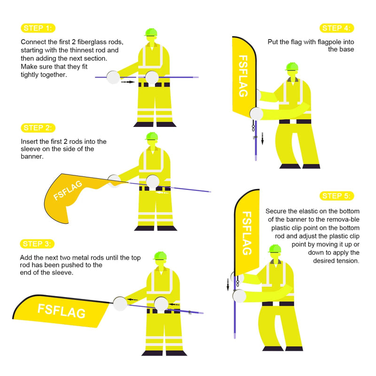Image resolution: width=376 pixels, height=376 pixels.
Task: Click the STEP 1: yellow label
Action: [x=38, y=28]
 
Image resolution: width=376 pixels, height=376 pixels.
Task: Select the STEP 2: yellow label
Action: [x=38, y=128]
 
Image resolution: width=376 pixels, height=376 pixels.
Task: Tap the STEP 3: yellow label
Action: [x=37, y=244]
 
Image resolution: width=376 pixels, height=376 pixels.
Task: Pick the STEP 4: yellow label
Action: [x=337, y=28]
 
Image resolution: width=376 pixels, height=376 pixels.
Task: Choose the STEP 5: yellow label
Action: [x=337, y=196]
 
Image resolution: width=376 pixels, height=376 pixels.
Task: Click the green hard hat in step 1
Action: [x=151, y=32]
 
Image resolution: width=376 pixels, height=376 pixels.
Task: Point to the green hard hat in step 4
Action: [x=292, y=66]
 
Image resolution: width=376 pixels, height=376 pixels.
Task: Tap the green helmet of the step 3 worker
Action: [x=160, y=256]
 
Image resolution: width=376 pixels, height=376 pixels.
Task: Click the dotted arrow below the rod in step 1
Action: [x=127, y=82]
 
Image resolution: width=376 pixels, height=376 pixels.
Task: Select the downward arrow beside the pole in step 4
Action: [x=262, y=139]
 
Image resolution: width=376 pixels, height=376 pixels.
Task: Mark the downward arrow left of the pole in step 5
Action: [x=228, y=285]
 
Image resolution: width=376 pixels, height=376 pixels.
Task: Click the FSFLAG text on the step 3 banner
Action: [x=62, y=311]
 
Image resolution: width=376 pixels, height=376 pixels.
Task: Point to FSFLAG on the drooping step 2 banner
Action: [x=68, y=190]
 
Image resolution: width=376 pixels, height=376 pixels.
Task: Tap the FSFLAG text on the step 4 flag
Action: [x=243, y=76]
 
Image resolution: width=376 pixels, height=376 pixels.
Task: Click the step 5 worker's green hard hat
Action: [x=275, y=249]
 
